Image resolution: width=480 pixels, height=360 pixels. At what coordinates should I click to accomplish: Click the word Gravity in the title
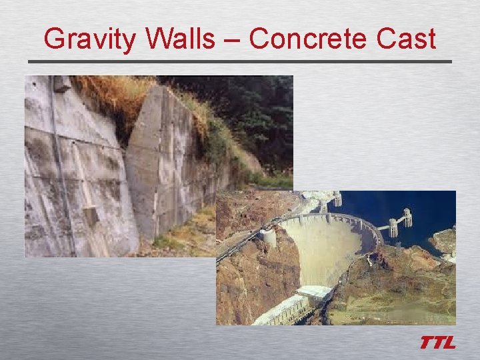pos(91,40)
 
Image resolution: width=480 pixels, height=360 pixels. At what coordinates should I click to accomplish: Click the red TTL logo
pos(437,343)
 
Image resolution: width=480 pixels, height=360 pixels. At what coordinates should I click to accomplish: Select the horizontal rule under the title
pos(240,62)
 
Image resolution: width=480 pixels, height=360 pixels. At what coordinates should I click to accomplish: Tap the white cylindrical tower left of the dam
pos(269,238)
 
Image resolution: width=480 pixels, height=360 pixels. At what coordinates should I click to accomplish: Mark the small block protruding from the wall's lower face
pos(91,215)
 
